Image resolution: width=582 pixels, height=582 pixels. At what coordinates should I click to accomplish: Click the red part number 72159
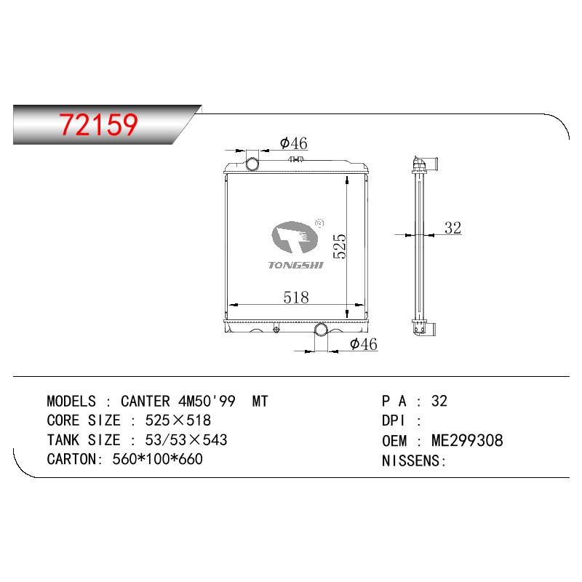[x=99, y=124]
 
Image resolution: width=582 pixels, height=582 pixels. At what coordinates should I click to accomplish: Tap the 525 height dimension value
[x=340, y=246]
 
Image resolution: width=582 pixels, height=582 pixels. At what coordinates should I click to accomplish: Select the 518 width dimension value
[x=296, y=298]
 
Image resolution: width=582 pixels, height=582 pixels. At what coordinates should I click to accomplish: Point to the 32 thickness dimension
[x=453, y=228]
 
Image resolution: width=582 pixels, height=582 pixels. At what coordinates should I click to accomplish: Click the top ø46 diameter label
[x=294, y=143]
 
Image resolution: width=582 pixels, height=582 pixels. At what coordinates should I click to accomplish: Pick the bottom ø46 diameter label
[x=363, y=344]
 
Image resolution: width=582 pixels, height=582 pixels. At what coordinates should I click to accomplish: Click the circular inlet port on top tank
[x=252, y=164]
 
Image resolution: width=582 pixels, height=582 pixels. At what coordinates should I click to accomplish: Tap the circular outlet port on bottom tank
[x=321, y=330]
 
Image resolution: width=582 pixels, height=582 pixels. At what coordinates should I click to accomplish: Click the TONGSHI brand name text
[x=296, y=265]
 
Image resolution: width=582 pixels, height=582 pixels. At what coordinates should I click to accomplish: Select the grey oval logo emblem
[x=295, y=237]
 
